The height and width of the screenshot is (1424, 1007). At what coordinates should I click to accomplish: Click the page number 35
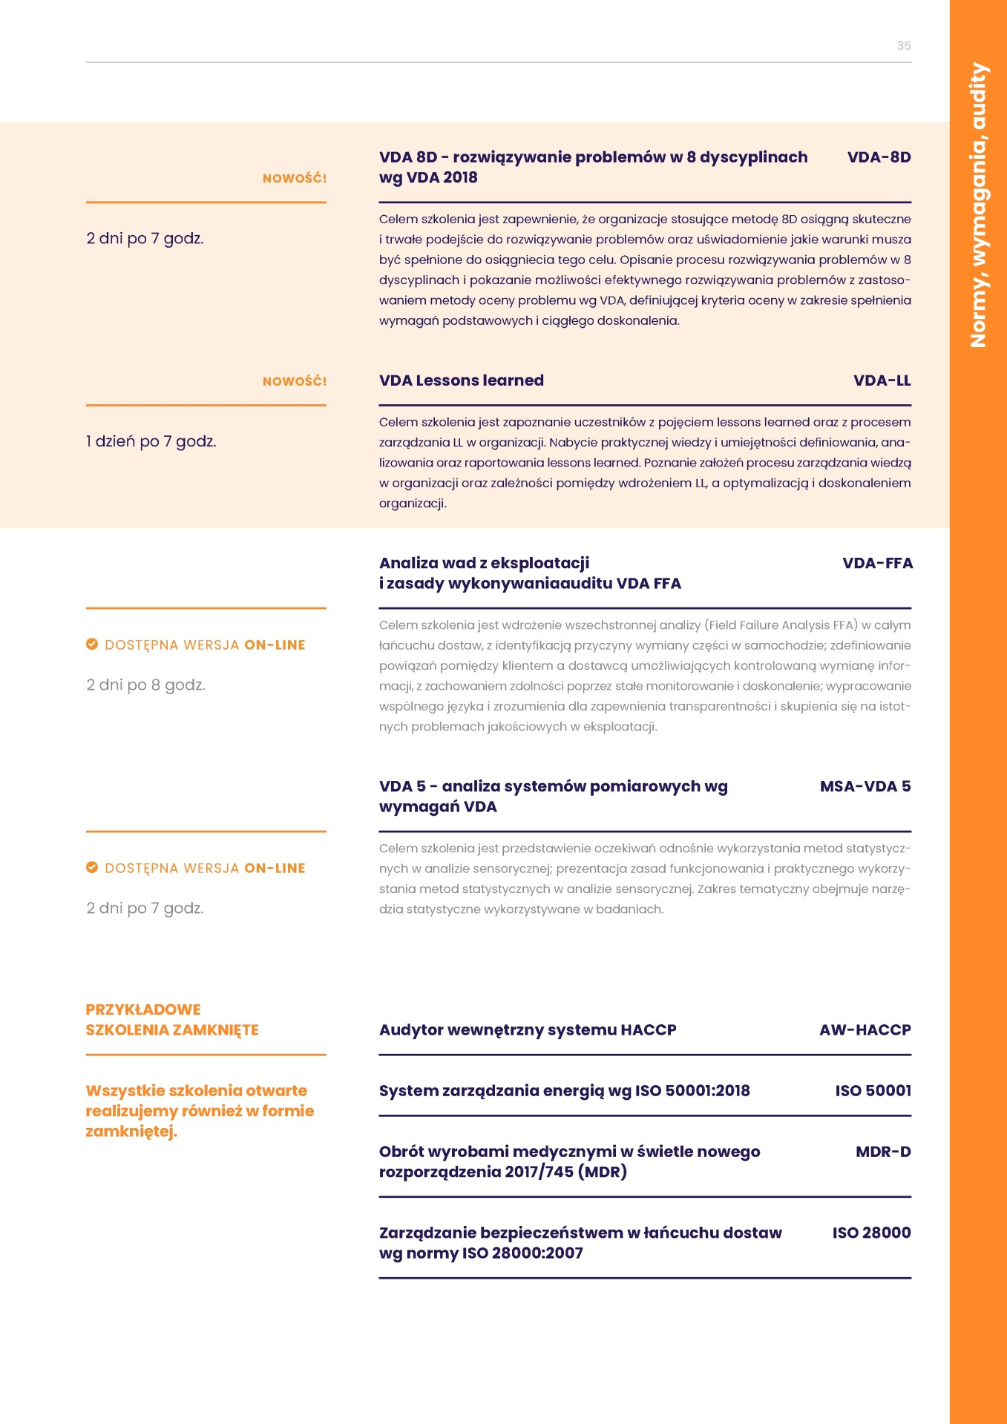pos(903,46)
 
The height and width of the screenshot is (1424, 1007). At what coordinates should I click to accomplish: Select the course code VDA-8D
pos(879,157)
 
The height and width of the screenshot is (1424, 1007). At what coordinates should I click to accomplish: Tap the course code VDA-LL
pos(882,380)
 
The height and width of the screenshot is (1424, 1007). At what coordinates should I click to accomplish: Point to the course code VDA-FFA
pos(877,563)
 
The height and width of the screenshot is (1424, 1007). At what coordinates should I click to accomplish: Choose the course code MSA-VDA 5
pos(865,786)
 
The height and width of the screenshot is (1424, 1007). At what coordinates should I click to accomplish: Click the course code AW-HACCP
pos(865,1029)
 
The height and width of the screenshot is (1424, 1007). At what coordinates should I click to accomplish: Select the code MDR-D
pos(882,1152)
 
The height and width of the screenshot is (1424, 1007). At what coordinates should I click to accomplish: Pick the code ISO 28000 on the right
pos(871,1233)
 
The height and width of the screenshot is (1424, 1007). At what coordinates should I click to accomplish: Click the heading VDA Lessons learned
pos(461,380)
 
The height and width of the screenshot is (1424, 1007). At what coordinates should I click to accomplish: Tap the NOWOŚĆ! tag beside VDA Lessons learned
pos(294,381)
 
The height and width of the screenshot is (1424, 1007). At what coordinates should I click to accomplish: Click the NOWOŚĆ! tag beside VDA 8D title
pos(294,178)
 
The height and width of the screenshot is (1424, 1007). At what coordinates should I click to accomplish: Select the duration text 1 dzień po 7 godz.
pos(151,441)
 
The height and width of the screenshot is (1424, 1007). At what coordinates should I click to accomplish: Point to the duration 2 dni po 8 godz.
pos(145,685)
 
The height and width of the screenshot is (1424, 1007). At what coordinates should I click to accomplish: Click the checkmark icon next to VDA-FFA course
pos(92,644)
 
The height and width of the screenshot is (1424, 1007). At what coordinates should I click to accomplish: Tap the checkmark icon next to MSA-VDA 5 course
pos(92,867)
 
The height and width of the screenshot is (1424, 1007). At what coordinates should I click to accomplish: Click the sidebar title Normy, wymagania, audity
pos(978,205)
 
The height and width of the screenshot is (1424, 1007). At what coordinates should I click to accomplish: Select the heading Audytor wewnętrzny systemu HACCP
pos(527,1029)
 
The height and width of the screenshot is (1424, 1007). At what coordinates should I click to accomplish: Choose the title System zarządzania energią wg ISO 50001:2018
pos(564,1090)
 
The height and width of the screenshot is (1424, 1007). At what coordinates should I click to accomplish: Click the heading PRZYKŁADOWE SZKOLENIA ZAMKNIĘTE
pos(171,1020)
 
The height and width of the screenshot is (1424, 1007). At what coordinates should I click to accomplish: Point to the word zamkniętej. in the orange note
pos(131,1131)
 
